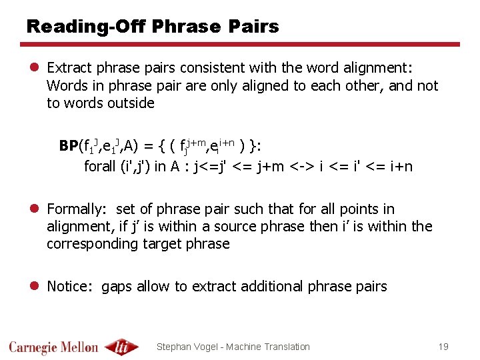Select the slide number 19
(x=443, y=346)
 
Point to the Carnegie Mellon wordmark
(x=53, y=347)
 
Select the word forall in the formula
(x=100, y=166)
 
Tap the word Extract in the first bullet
(x=70, y=68)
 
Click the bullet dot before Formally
(x=33, y=209)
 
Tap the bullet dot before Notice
(x=33, y=287)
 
